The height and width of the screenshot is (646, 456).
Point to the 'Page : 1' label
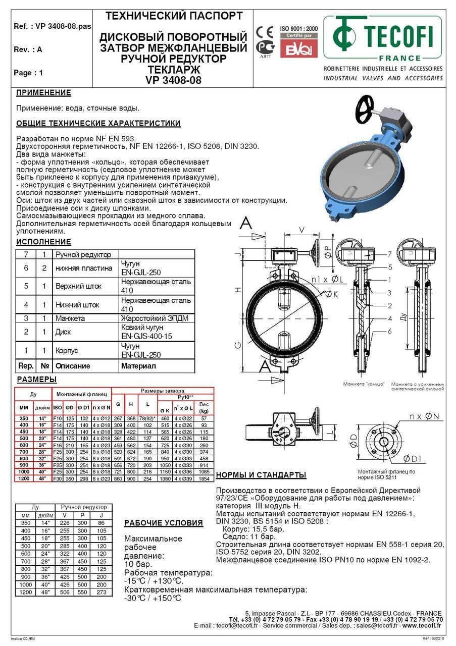(28, 73)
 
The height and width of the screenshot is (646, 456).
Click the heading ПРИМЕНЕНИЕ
(43, 93)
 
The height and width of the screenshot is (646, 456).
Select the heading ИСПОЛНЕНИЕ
(43, 242)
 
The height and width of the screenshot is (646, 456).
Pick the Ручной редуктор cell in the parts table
(83, 254)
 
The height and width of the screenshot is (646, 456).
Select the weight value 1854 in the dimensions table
(204, 478)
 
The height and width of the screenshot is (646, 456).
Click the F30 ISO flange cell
(58, 478)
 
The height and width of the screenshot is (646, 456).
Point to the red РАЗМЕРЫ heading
(36, 380)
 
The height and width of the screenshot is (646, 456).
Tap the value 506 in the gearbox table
(64, 593)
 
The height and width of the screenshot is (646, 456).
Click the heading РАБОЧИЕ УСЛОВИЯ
(164, 523)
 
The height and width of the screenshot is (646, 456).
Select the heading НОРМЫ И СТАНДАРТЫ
(261, 475)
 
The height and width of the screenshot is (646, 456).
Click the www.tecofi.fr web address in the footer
(422, 625)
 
